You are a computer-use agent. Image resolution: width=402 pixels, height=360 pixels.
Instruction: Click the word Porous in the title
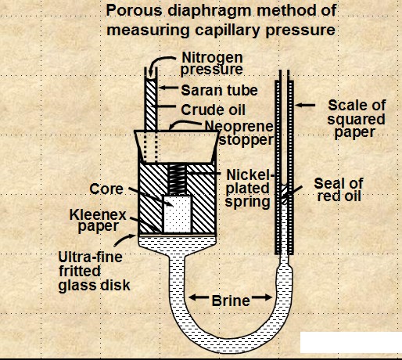click(135, 11)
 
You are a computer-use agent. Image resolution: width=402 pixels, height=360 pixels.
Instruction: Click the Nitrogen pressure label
click(212, 63)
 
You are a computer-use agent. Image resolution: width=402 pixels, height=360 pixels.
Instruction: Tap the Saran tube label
click(220, 91)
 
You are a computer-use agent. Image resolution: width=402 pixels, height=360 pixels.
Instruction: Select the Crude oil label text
click(214, 110)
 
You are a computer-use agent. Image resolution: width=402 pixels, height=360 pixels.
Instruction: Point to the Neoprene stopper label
click(239, 133)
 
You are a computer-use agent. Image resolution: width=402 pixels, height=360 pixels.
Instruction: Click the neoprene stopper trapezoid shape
click(177, 146)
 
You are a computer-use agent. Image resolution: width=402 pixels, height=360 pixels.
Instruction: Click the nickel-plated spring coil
click(177, 180)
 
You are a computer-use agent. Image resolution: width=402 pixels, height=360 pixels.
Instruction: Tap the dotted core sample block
click(177, 214)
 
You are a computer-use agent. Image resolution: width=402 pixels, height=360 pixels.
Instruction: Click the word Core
click(106, 189)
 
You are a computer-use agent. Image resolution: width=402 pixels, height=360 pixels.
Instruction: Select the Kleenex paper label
click(98, 221)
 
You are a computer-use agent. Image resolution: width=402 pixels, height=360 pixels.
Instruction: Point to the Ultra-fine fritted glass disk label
click(94, 272)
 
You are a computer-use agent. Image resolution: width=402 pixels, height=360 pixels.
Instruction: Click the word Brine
click(231, 301)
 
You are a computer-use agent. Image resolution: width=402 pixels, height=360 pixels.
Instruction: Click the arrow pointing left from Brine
click(199, 297)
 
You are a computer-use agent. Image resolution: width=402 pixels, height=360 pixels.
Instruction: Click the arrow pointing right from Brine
click(262, 297)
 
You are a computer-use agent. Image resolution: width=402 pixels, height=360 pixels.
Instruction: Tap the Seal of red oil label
click(339, 189)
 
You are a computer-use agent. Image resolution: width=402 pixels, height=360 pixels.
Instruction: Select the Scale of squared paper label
click(357, 119)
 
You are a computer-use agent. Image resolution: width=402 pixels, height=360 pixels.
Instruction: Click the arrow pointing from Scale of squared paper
click(305, 105)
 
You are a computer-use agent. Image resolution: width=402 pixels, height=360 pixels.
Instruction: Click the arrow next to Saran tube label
click(168, 88)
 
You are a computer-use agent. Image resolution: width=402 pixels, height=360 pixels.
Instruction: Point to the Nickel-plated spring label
click(248, 188)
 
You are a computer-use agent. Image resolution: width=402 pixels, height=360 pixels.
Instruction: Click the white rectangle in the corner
click(351, 342)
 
